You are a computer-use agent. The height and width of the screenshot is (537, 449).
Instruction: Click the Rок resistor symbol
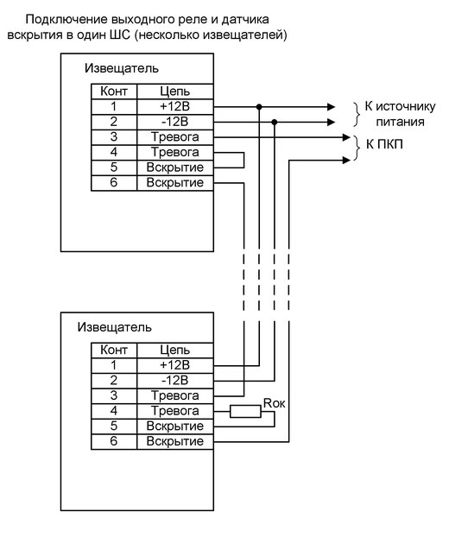245,411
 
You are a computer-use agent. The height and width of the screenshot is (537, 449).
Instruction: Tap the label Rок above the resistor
274,403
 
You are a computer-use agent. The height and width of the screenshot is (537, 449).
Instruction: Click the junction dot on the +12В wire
259,107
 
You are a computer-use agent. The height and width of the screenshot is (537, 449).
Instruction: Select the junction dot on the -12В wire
274,123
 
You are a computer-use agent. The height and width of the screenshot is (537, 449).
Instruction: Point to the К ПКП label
384,144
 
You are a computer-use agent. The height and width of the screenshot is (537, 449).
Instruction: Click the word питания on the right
400,123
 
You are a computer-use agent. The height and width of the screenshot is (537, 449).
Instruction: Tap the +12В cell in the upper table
175,107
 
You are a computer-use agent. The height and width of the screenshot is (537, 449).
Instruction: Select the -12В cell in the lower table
175,381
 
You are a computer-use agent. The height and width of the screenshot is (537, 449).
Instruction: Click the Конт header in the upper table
114,92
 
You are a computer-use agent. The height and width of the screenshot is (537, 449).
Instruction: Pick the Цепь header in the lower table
175,350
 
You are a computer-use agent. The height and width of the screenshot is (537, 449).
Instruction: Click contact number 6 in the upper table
114,182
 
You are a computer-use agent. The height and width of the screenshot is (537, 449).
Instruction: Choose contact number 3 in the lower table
114,395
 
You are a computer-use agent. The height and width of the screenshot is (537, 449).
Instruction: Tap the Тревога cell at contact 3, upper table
175,137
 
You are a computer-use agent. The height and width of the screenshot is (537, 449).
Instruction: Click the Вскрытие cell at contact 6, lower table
175,441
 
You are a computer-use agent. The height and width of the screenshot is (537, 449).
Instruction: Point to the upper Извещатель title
122,68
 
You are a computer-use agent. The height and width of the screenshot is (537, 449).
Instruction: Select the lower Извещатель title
114,327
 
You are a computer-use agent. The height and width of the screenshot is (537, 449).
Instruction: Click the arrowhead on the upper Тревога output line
346,137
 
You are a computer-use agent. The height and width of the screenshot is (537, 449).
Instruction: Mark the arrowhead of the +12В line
332,107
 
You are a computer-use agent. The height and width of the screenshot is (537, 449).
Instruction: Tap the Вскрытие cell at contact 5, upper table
175,167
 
